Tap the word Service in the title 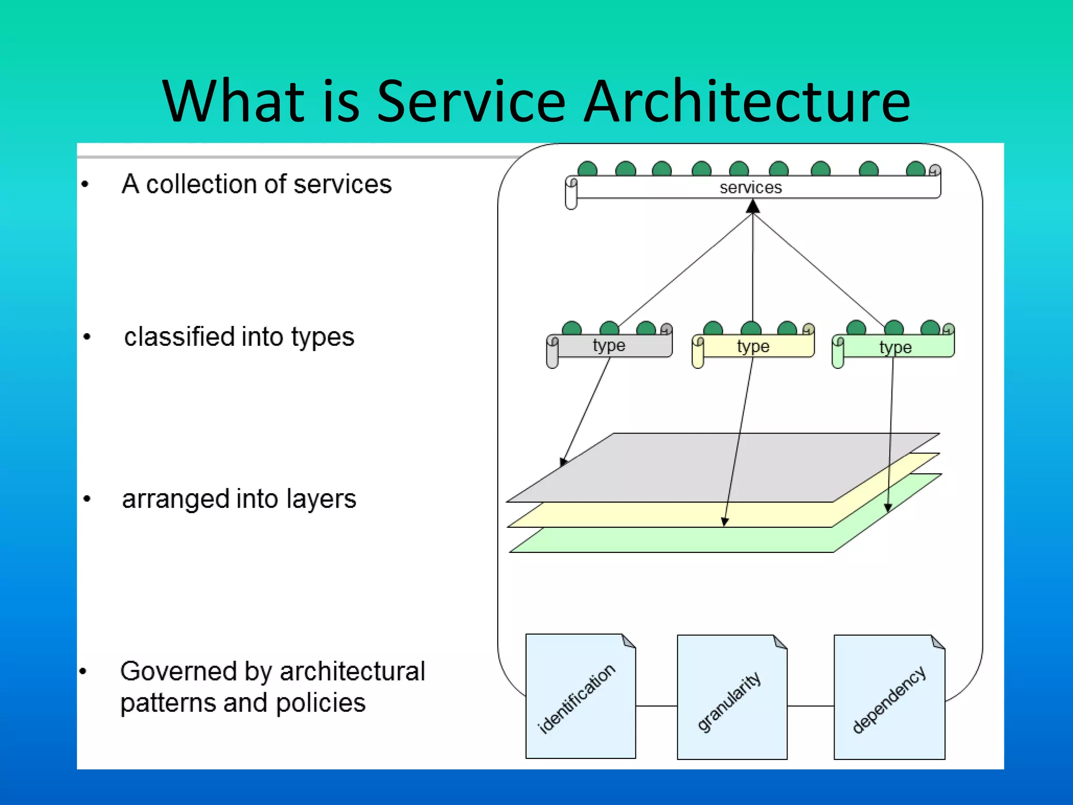(x=471, y=101)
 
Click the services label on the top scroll (x=750, y=187)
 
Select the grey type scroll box (x=609, y=346)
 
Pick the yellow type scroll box (x=753, y=346)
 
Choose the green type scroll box (x=895, y=347)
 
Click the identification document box (x=581, y=697)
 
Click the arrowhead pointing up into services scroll (x=753, y=208)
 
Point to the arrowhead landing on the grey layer (x=563, y=462)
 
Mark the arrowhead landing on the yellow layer (x=725, y=521)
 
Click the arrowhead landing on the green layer (x=888, y=507)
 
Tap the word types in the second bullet (x=323, y=338)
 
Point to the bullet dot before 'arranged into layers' (x=87, y=499)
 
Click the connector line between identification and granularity (x=656, y=706)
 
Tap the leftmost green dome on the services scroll (x=587, y=169)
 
